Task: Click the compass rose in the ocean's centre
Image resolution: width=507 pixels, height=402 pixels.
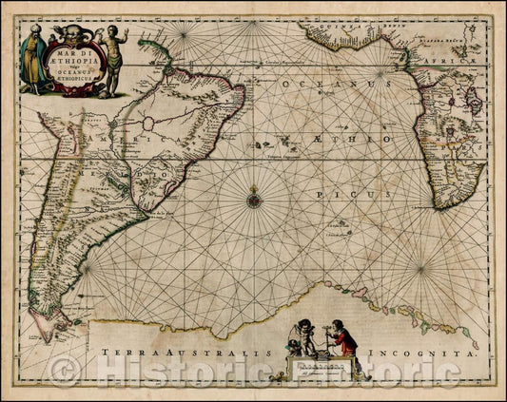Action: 253,199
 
